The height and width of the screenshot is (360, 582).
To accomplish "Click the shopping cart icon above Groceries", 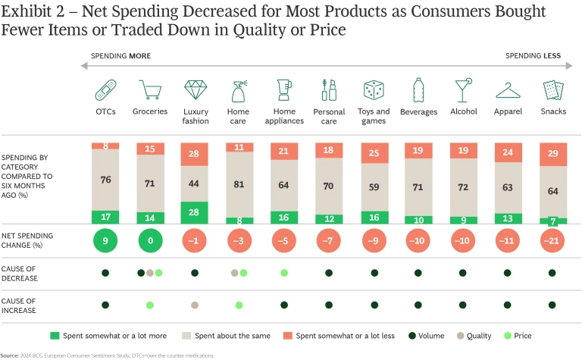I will (x=150, y=90).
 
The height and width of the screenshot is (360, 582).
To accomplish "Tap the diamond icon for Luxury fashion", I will (x=196, y=90).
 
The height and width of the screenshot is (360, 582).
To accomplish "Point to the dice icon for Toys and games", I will (x=374, y=90).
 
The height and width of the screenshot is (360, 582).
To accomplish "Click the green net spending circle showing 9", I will (x=105, y=242).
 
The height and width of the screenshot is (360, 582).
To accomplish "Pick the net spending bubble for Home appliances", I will (x=284, y=242).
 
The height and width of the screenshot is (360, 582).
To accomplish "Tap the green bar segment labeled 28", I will (x=196, y=212).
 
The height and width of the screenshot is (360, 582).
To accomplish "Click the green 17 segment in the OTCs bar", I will (x=105, y=217).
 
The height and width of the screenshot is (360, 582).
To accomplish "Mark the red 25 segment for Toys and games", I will (x=374, y=154).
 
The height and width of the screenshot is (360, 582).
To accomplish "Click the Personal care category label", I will (x=329, y=116).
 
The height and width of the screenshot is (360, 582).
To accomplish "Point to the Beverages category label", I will (x=418, y=112).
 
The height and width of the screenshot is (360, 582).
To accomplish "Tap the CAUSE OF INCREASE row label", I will (x=23, y=304).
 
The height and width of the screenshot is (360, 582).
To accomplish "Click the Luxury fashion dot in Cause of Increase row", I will (x=196, y=305).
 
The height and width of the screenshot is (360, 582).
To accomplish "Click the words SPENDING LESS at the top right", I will (x=533, y=56).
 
